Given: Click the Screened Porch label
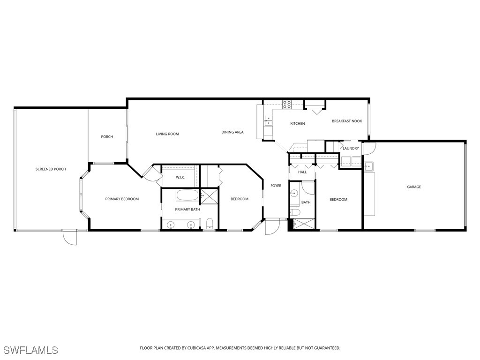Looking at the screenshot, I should point(51,169).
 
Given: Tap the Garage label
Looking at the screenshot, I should point(414,187).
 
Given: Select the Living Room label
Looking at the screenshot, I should point(167,134).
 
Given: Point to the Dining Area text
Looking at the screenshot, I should point(232,132).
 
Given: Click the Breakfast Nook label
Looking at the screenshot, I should point(347,121).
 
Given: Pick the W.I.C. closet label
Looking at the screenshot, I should point(181,178).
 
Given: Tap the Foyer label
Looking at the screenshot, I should point(276,186).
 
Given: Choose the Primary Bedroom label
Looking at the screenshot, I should point(122,199).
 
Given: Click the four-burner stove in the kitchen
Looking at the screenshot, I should point(287,105).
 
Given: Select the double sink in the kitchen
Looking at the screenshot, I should point(269,121).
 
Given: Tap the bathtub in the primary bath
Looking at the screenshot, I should point(187,195).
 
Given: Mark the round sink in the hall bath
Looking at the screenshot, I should point(294,193).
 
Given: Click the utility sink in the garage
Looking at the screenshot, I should point(369,166).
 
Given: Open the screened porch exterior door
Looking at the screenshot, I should point(69,237).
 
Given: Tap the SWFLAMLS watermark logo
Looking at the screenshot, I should point(30,350).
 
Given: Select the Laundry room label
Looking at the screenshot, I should point(351,149).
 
